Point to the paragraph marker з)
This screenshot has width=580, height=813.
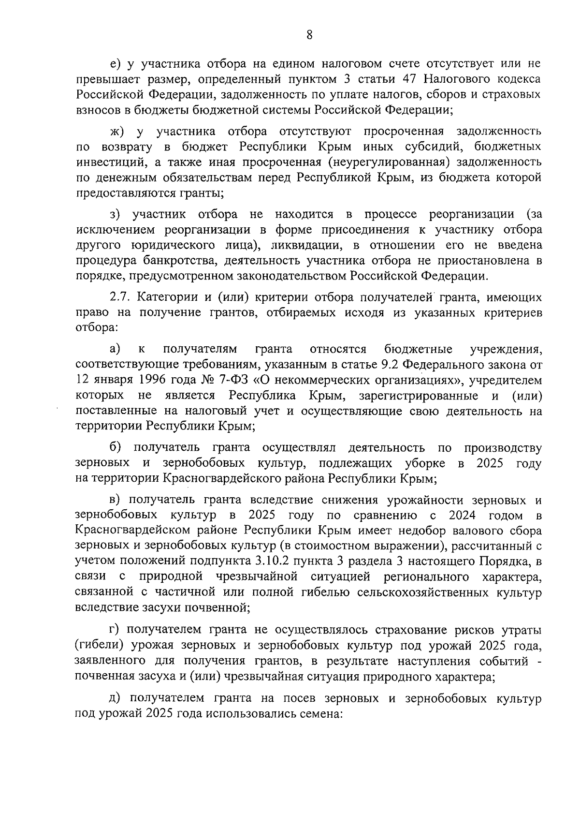click(116, 214)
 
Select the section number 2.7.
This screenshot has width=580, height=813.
click(121, 297)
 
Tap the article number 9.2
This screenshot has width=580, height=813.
click(411, 364)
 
